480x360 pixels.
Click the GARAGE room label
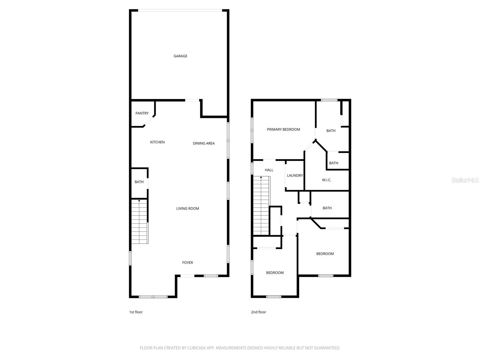point(180,56)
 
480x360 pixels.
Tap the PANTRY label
point(142,113)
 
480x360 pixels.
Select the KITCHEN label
point(157,142)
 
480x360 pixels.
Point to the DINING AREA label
point(203,143)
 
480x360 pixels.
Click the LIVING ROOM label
point(187,208)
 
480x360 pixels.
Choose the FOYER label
point(187,262)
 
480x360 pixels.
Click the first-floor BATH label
point(139,182)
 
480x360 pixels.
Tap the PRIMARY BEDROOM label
point(283,130)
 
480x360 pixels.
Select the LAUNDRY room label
point(295,175)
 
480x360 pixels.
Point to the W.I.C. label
point(326,180)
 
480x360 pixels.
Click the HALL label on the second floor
point(269,170)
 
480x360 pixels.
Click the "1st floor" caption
point(136,312)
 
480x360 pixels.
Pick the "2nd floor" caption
point(258,312)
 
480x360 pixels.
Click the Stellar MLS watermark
point(465,180)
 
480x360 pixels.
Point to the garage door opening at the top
point(180,11)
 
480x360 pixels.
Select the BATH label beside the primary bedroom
point(331,131)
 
